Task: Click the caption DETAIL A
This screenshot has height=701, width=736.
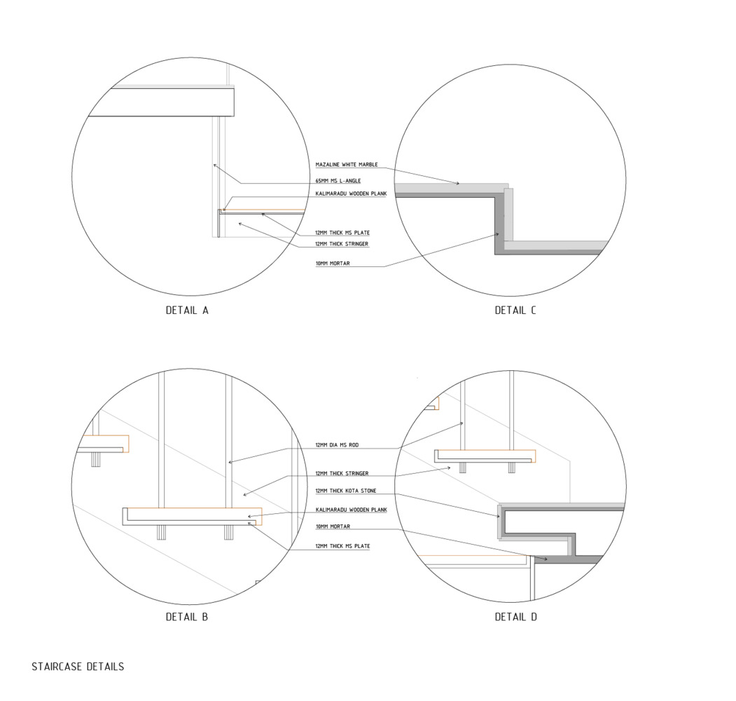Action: click(x=187, y=310)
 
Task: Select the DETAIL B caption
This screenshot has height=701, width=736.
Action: click(x=187, y=617)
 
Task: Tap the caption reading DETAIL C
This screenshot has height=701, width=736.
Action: click(x=515, y=310)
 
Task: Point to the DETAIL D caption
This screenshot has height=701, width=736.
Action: click(x=515, y=617)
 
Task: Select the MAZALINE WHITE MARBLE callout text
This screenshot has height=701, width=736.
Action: click(x=347, y=165)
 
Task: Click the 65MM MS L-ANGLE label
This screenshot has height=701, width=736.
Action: click(x=338, y=181)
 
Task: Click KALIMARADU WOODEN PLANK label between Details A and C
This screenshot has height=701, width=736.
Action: click(x=351, y=193)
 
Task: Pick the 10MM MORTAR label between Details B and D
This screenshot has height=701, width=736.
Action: click(x=333, y=526)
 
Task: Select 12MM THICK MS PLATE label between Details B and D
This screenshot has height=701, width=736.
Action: click(x=342, y=546)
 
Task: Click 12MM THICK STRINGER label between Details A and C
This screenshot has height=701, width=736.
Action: click(x=342, y=244)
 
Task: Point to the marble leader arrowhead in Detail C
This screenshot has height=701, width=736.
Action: click(x=459, y=184)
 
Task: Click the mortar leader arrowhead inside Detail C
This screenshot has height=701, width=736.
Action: click(x=498, y=235)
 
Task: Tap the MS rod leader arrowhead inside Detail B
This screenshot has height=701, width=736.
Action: click(x=230, y=463)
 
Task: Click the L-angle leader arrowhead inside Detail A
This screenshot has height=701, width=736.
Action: click(x=215, y=165)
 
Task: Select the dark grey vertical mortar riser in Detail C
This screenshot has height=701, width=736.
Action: click(x=499, y=224)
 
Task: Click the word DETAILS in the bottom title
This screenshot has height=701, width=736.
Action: click(x=105, y=667)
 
